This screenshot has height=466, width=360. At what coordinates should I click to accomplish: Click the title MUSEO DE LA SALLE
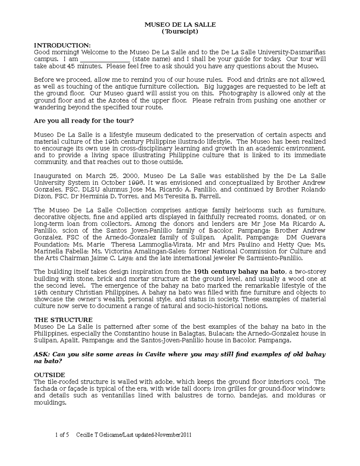[180, 25]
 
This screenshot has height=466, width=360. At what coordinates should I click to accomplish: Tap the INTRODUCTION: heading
[62, 45]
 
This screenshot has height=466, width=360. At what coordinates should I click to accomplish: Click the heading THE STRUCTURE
[63, 320]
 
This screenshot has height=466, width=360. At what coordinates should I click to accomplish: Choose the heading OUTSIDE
[49, 375]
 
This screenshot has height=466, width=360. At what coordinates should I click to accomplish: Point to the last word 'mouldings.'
[50, 403]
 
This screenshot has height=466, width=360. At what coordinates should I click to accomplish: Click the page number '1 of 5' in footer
[62, 435]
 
